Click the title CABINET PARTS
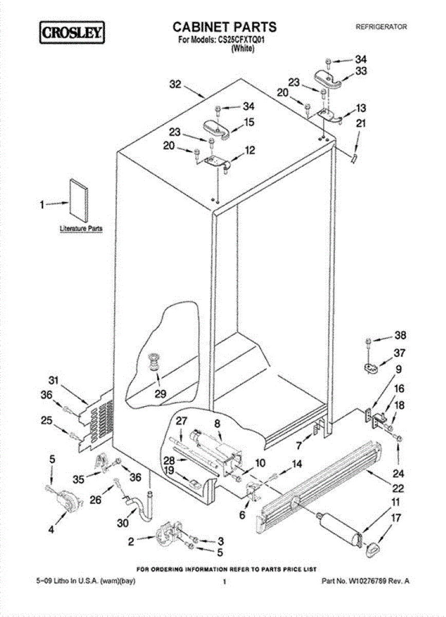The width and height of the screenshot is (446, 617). tap(224, 27)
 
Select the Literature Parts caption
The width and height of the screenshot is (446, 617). tap(81, 228)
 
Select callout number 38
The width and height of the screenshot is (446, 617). tap(399, 336)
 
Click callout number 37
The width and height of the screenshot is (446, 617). tap(399, 353)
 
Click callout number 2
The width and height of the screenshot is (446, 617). tap(132, 540)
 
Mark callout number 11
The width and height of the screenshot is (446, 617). tap(395, 501)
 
